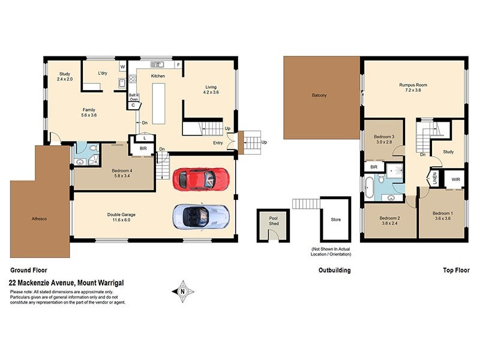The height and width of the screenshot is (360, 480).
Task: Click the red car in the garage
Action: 200,178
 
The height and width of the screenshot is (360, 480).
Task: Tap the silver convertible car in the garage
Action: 200,216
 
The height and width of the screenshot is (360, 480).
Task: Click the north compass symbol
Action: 182,291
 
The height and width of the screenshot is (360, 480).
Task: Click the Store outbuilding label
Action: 336,220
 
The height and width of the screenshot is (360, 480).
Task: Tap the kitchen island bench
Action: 158,103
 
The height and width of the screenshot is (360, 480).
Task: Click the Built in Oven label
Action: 134,97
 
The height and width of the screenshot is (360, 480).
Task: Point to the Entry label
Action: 218,143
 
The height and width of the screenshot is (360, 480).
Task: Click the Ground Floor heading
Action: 28,270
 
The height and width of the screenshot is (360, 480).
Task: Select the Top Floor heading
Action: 455,270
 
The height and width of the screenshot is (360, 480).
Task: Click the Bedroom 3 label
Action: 383,137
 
